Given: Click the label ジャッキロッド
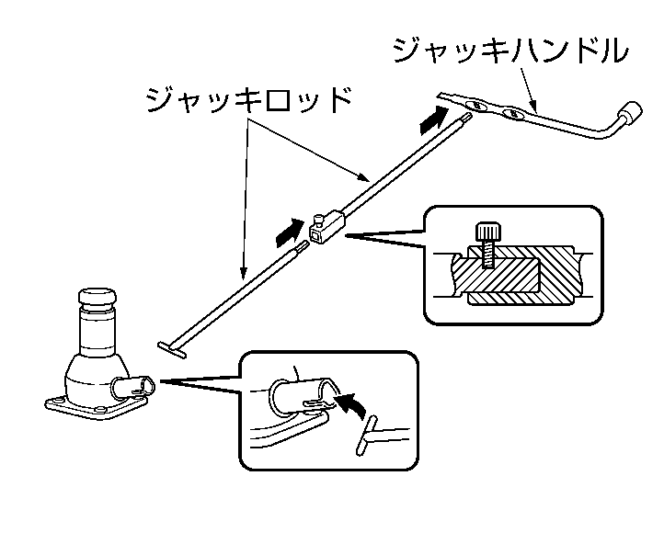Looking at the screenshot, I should click(248, 98).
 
